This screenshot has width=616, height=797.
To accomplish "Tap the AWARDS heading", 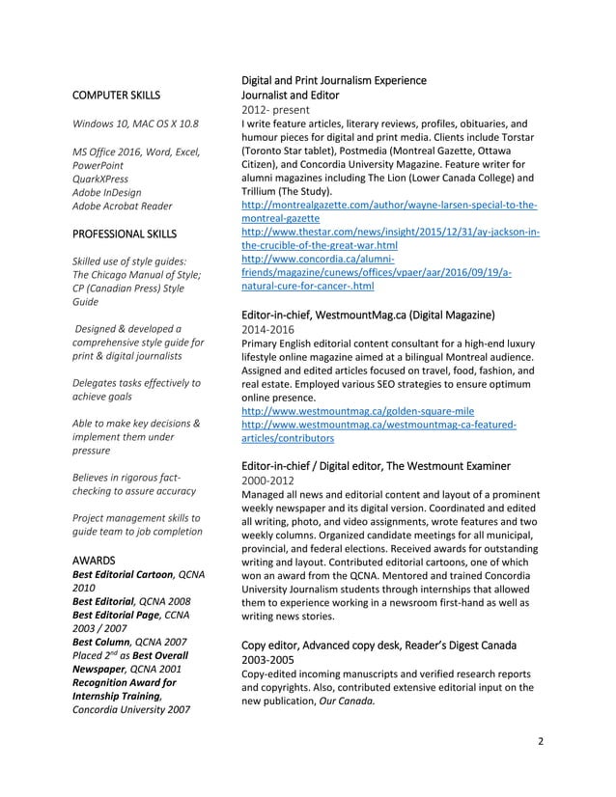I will pyautogui.click(x=94, y=560).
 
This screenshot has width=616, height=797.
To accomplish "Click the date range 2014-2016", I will pyautogui.click(x=268, y=329).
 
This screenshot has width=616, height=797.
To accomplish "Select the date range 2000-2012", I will pyautogui.click(x=268, y=481).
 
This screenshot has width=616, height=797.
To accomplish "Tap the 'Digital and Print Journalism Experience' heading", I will pyautogui.click(x=334, y=80).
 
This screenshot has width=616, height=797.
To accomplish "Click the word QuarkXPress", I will pyautogui.click(x=100, y=179).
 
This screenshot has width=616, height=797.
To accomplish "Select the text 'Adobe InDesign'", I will pyautogui.click(x=107, y=192).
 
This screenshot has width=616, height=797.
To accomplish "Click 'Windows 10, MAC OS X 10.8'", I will pyautogui.click(x=135, y=124).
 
